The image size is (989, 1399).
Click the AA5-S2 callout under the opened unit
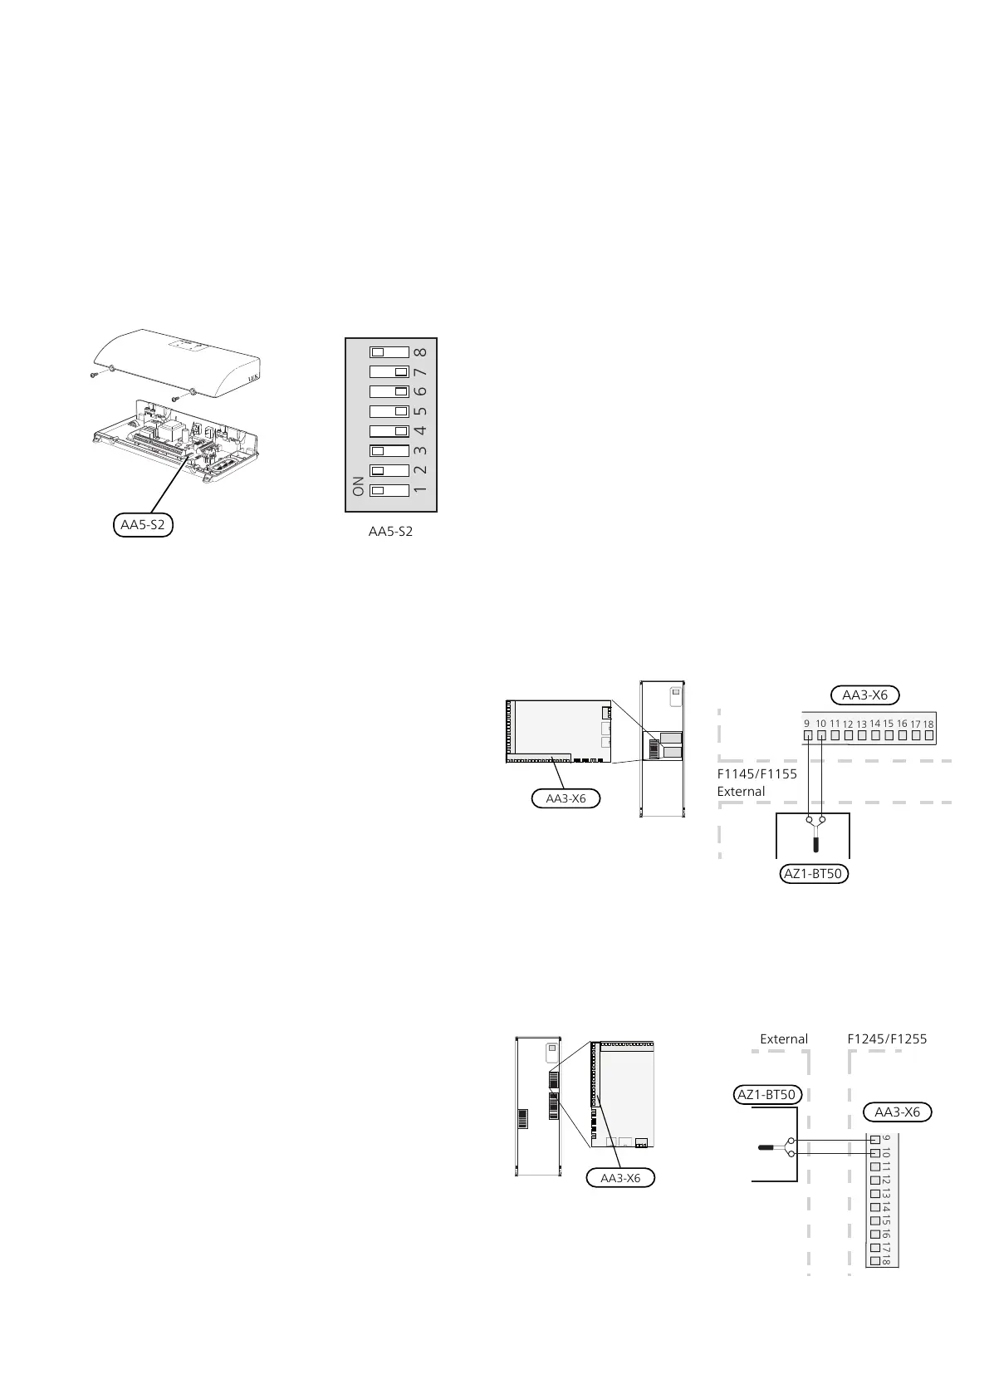pos(143,525)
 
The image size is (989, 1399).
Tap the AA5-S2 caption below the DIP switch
pos(390,532)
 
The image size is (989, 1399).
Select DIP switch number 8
pos(389,351)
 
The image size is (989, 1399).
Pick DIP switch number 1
pos(389,490)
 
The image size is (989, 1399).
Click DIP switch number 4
pos(389,431)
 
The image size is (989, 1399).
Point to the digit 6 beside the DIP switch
pos(421,391)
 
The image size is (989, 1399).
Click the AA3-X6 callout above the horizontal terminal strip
pos(865,695)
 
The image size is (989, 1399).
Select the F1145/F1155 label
pos(756,774)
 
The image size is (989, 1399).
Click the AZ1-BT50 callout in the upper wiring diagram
pos(814,874)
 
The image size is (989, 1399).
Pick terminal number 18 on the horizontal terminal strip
pos(928,734)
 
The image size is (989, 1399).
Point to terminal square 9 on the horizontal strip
pos(807,735)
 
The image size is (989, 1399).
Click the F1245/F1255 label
pos(887,1039)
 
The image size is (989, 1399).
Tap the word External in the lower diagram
pos(784,1039)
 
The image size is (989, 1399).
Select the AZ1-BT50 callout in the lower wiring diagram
pos(766,1094)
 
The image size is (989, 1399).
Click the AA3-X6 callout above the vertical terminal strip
pos(898,1112)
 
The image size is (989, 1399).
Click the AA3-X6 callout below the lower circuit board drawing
pos(620,1178)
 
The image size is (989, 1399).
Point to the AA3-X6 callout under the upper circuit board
pos(565,798)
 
